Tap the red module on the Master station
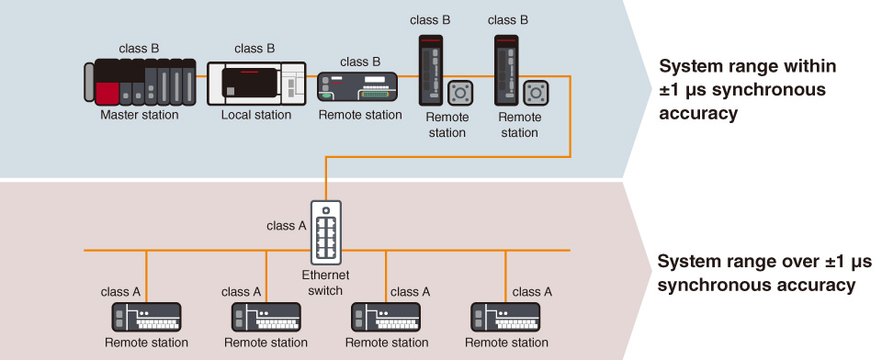point(107,92)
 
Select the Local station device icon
point(255,83)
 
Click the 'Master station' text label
point(140,115)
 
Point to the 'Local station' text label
point(255,115)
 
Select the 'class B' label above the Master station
point(140,48)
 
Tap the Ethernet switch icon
point(326,233)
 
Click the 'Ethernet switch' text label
point(326,283)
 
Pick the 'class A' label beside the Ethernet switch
point(287,225)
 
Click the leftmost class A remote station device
point(145,318)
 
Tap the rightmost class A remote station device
point(506,318)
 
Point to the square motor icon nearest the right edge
point(537,94)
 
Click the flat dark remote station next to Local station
point(357,88)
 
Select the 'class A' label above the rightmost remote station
point(532,292)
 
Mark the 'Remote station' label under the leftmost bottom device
point(145,343)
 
